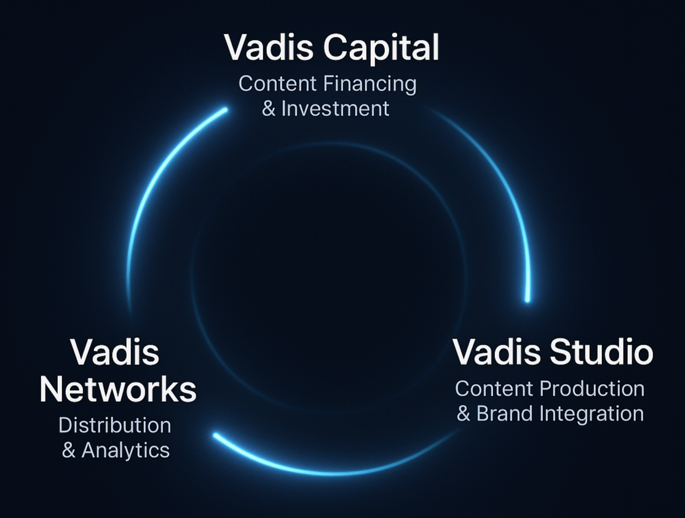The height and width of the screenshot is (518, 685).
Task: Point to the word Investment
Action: [335, 109]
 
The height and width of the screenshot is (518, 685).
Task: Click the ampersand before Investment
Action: [268, 109]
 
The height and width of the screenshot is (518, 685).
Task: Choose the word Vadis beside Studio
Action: [494, 352]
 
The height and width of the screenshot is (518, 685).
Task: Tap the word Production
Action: [592, 388]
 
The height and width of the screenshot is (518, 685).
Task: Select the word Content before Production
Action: [494, 388]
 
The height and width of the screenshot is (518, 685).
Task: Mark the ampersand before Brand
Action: [463, 414]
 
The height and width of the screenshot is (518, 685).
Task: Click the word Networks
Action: [117, 389]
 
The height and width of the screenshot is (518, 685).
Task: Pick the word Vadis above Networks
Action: [115, 353]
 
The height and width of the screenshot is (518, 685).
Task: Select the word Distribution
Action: [115, 425]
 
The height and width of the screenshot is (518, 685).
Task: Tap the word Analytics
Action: [125, 450]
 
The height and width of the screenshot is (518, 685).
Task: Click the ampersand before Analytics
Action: [69, 450]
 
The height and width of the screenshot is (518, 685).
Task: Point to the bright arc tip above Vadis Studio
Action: [527, 299]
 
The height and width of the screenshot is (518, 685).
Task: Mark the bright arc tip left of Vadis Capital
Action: [224, 110]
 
